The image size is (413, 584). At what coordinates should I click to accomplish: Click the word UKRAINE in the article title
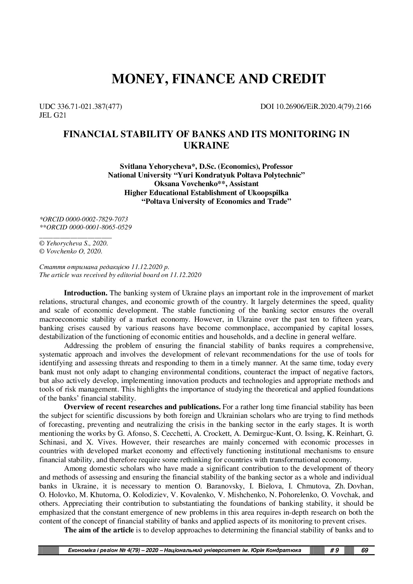click(x=206, y=146)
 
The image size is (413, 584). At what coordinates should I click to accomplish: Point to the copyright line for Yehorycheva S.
click(x=74, y=243)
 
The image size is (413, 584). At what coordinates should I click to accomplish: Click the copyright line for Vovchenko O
click(x=71, y=251)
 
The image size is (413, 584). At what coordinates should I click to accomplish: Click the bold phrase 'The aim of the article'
click(x=99, y=530)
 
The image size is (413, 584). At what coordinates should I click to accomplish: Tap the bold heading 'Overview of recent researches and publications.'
click(x=142, y=407)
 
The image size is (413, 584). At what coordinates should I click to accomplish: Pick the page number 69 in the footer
click(x=364, y=550)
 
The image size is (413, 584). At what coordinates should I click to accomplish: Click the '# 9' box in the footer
click(x=334, y=550)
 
